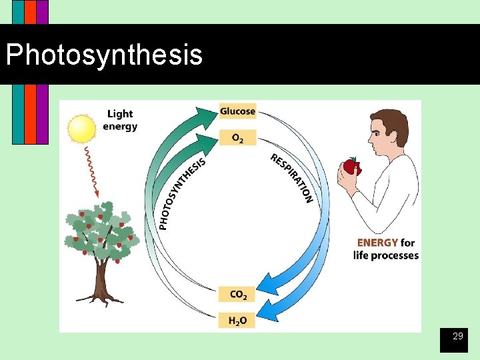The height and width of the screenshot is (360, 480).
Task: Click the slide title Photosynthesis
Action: (x=104, y=55)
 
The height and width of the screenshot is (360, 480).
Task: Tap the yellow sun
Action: (x=82, y=129)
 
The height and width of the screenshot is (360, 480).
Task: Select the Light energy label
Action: (x=121, y=120)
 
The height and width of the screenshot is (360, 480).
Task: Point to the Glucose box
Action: (x=237, y=111)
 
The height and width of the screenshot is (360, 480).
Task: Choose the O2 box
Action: (x=237, y=138)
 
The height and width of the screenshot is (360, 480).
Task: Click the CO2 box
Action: (x=237, y=294)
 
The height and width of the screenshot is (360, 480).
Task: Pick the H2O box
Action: (x=237, y=321)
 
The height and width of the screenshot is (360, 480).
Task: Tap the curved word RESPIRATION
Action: (x=293, y=177)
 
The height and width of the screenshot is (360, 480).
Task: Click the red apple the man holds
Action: (x=351, y=167)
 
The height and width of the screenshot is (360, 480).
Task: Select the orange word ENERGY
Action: (x=377, y=243)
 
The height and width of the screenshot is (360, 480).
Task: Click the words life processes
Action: (x=386, y=255)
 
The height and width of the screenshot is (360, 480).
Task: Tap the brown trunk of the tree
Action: (x=101, y=280)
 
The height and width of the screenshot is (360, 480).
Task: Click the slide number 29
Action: (x=457, y=337)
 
